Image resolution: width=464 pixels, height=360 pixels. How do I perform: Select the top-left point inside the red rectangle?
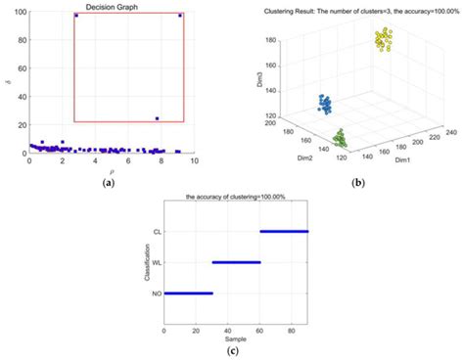76,16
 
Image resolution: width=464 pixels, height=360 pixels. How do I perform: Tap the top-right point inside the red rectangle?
180,16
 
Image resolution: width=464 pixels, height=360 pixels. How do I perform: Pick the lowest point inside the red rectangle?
157,118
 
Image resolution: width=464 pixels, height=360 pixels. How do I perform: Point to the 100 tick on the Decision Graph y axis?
18,12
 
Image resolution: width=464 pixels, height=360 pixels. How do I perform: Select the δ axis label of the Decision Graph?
7,82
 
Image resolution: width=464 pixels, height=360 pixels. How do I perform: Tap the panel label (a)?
109,183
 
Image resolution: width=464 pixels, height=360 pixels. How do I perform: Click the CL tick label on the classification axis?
156,232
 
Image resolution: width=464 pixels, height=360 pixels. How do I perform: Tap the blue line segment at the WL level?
236,262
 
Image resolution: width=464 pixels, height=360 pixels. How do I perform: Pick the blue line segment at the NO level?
188,292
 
